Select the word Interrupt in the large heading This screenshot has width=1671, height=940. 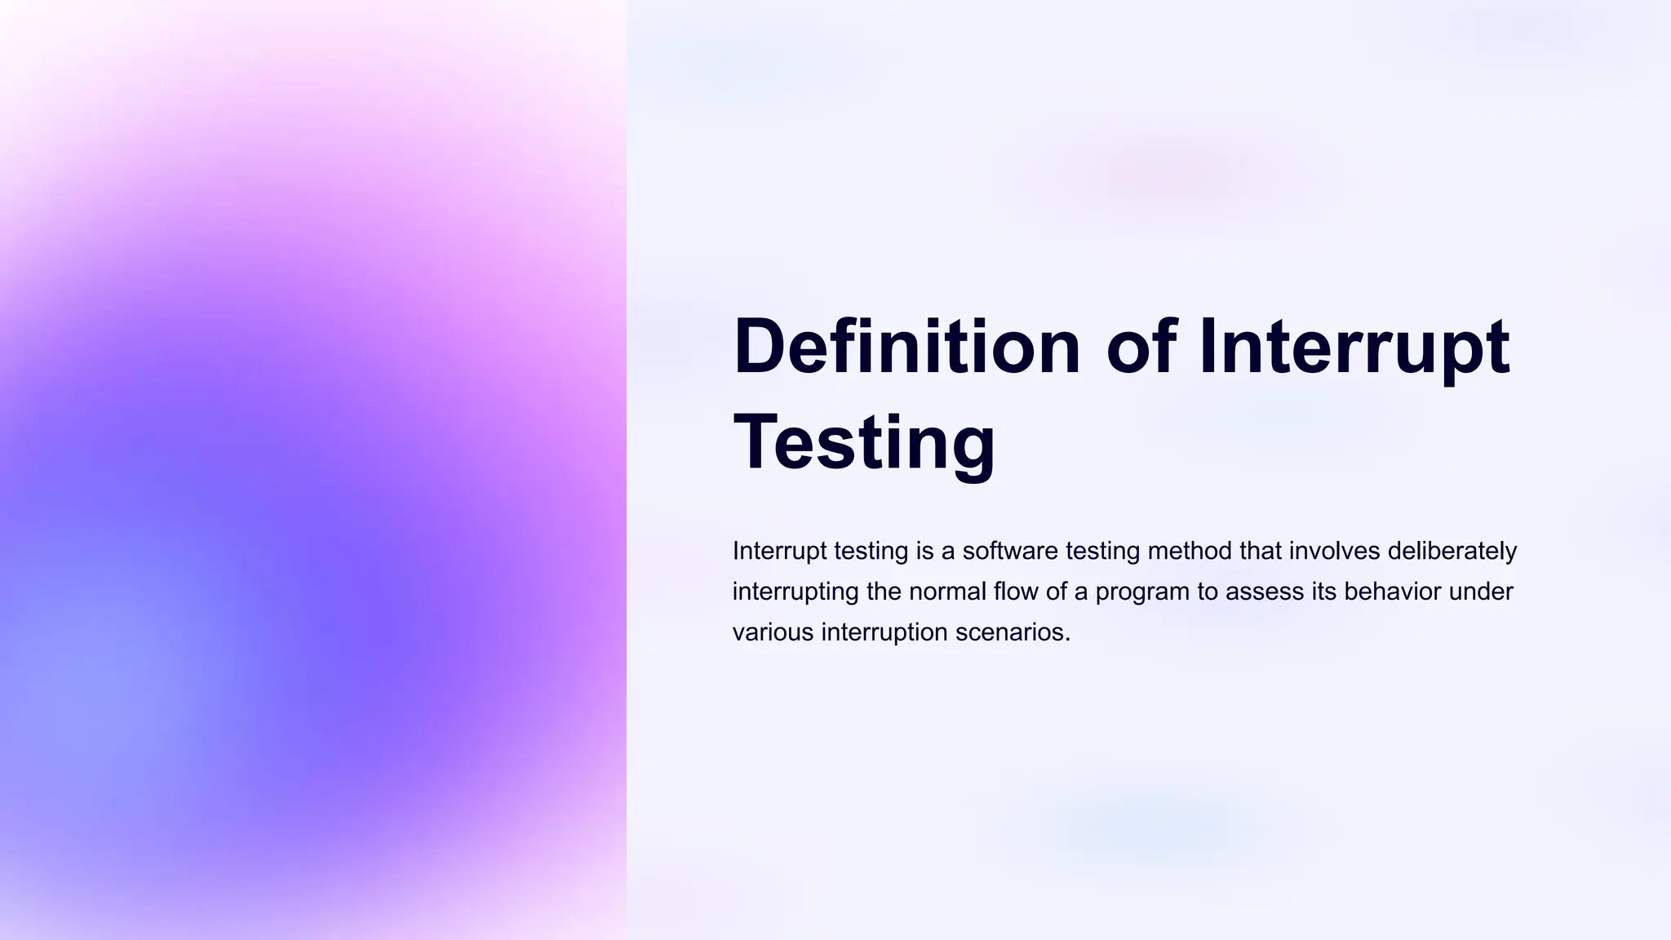(1354, 346)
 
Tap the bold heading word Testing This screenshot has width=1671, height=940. (865, 442)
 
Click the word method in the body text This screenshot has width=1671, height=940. (1190, 551)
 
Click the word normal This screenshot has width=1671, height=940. (947, 592)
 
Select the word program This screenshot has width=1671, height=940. (1141, 592)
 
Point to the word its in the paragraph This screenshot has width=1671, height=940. (1324, 592)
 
